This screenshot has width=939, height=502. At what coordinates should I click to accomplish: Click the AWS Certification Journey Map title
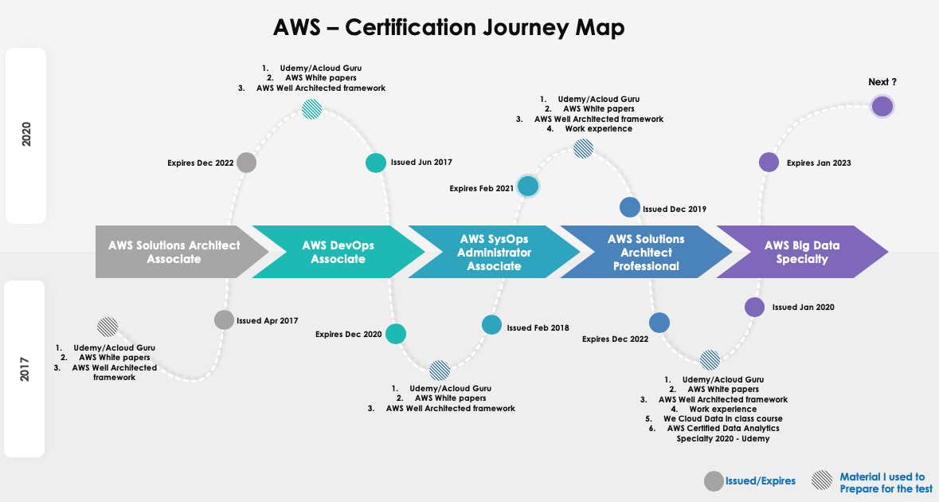pos(448,27)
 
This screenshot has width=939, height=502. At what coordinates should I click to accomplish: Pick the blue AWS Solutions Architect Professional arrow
pos(645,252)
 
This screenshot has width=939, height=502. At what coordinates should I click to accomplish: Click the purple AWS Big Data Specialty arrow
pos(801,252)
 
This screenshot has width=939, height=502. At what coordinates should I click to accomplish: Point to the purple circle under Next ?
pos(882,106)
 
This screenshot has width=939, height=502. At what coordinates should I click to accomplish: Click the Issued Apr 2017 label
pos(267,321)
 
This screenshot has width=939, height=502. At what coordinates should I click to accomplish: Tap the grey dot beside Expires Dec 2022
pos(246,163)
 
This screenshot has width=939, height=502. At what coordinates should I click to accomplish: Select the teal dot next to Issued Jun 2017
pos(375,163)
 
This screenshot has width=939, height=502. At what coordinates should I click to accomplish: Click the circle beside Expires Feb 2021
pos(527,186)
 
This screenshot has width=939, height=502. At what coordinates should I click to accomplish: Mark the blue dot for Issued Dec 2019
pos(629,207)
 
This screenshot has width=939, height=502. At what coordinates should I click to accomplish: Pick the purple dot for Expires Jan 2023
pos(768,163)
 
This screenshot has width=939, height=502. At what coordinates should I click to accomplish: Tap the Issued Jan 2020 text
pos(803,307)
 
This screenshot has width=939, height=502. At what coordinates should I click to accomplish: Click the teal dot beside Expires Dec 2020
pos(395,334)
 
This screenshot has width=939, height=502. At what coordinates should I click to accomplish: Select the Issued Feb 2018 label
pos(538,327)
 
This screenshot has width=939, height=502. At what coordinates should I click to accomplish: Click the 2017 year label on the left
pos(25,369)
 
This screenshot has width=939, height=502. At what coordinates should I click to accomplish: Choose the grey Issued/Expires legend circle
pos(714,481)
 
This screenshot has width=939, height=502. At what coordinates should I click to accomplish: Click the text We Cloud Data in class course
pos(722,418)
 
